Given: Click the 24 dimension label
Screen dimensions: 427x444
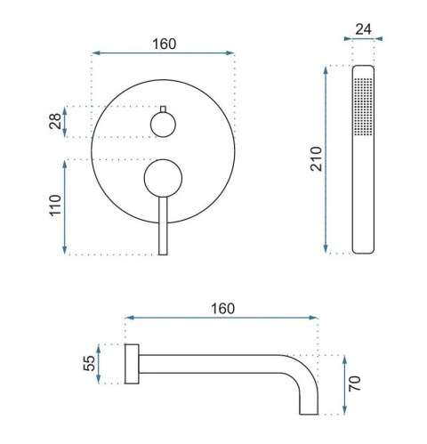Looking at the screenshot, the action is coord(363,29).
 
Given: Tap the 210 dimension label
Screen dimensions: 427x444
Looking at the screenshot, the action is coord(316,158).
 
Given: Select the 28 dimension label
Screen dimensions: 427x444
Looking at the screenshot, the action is coord(55,121).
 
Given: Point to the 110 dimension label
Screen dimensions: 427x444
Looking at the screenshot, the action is coord(55,206).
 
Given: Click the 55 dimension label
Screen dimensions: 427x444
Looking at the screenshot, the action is coord(89,363).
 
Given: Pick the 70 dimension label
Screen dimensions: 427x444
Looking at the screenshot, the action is coord(355,383).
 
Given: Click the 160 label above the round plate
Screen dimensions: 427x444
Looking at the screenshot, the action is coord(165,44).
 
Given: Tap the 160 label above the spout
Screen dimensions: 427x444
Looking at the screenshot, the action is coord(222,309).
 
